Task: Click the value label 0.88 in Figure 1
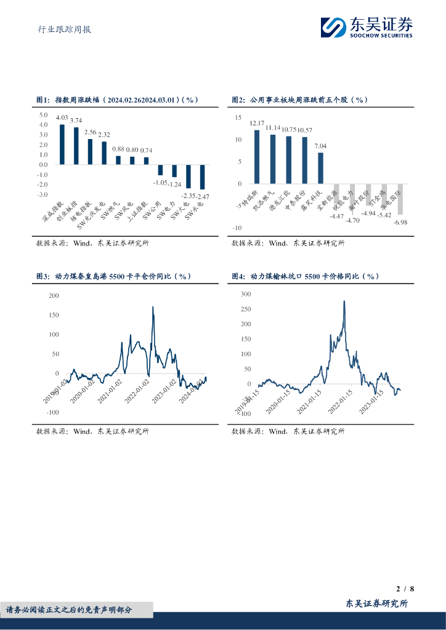click(x=118, y=150)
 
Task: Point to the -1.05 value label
click(x=160, y=182)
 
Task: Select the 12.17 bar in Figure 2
click(x=257, y=157)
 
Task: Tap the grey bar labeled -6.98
click(x=400, y=199)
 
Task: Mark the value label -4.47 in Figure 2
click(x=336, y=217)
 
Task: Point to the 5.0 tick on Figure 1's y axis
click(x=43, y=115)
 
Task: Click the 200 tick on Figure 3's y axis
click(x=54, y=296)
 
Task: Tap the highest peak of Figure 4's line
click(x=344, y=301)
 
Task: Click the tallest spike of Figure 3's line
click(x=153, y=307)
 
